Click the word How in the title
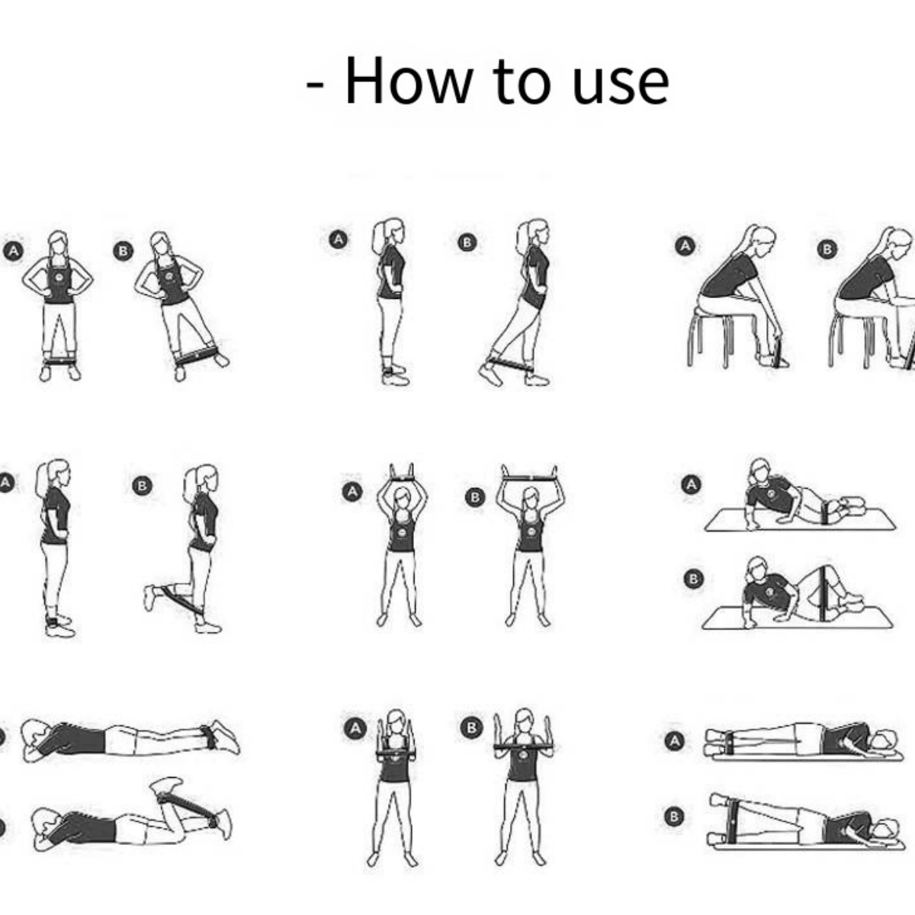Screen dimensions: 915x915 tap(409, 80)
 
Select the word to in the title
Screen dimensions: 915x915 tap(521, 82)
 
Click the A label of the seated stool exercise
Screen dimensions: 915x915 tap(685, 246)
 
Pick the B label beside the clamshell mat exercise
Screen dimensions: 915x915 tap(693, 579)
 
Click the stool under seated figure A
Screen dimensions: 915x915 tap(710, 339)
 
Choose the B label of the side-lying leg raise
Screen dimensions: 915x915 tap(673, 817)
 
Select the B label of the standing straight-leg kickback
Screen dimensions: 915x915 tap(467, 242)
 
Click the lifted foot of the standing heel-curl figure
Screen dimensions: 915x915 tap(150, 597)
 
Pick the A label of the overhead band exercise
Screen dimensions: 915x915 tap(352, 491)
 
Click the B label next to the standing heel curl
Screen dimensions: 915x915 tap(142, 486)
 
